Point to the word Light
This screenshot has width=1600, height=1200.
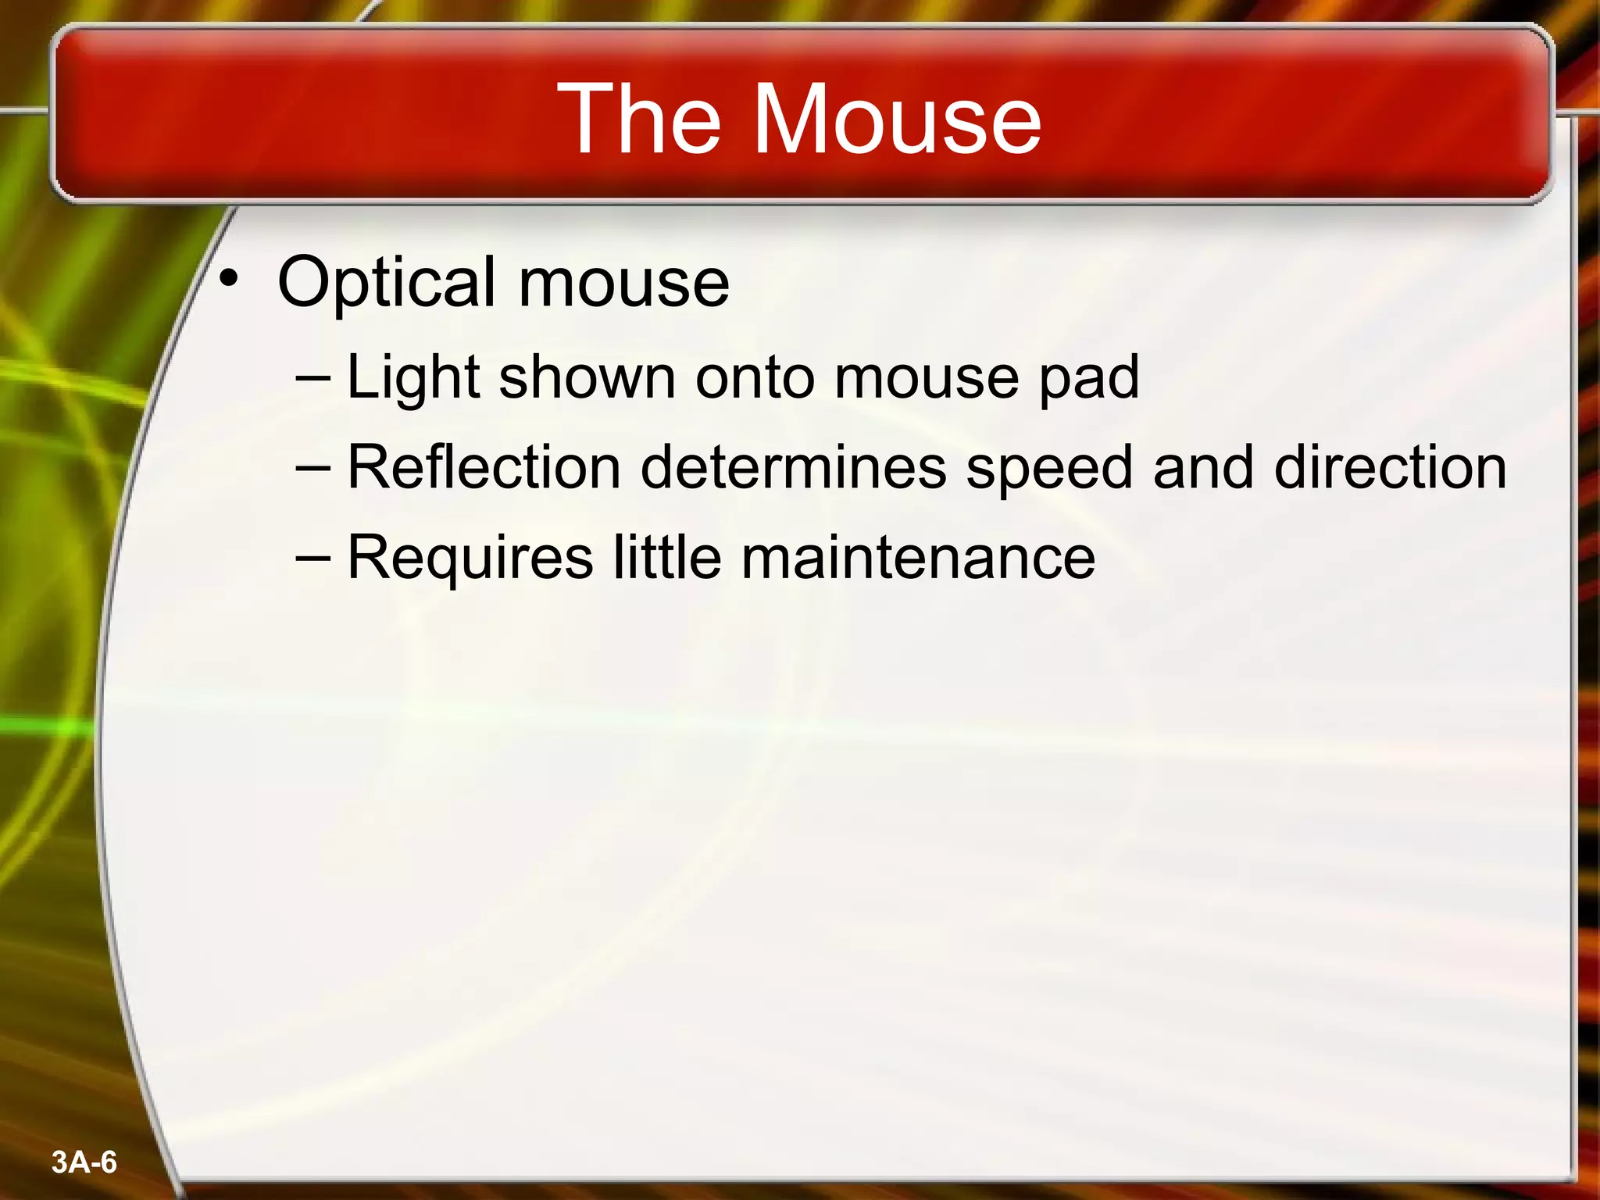point(412,378)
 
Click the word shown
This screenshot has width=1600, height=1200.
point(587,378)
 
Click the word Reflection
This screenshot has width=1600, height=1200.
point(484,468)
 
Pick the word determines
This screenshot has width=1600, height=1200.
point(793,468)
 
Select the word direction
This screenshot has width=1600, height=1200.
point(1390,468)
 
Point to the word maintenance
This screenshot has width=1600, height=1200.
point(917,557)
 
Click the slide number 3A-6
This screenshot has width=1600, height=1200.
point(84,1162)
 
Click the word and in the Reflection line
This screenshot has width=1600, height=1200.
point(1202,468)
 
